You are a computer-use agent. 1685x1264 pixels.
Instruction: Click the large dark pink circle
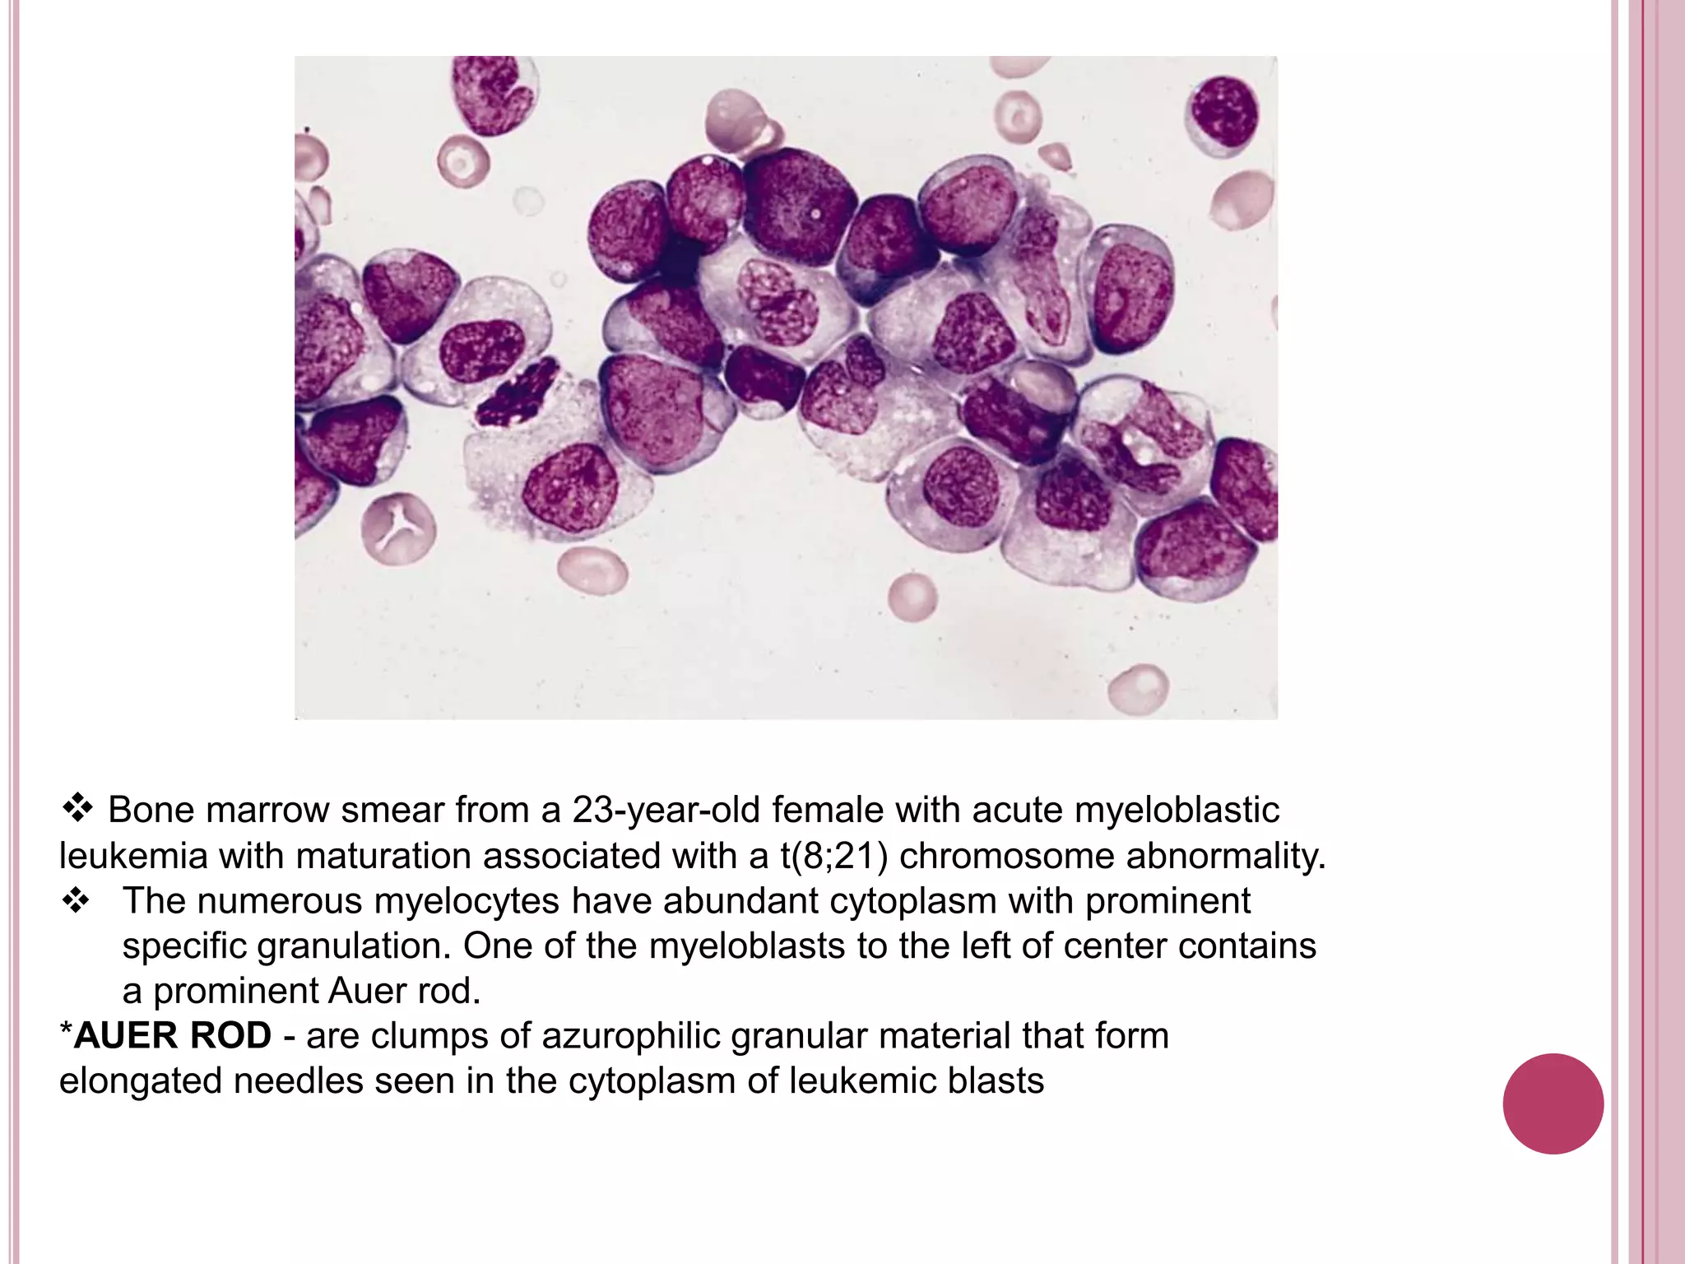coord(1553,1104)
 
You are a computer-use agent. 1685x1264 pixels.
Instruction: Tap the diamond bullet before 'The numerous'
coord(76,901)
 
